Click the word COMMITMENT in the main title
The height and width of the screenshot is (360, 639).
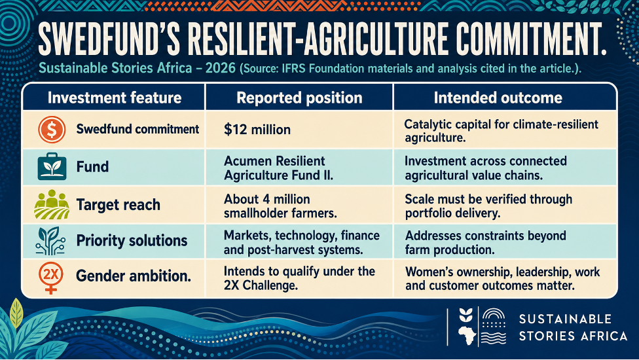click(531, 39)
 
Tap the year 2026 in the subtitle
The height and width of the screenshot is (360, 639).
click(221, 67)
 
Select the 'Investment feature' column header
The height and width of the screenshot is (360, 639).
click(115, 98)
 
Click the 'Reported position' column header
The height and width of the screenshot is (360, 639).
click(300, 98)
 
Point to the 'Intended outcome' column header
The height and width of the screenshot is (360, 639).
click(498, 98)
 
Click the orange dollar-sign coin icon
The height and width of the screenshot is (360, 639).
click(52, 130)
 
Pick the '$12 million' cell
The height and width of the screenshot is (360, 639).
click(257, 130)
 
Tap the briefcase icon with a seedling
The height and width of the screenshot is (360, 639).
click(52, 166)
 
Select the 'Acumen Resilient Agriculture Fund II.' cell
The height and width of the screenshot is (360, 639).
click(278, 168)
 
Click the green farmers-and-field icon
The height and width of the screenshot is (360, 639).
click(52, 204)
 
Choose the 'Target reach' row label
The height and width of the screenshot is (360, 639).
click(119, 204)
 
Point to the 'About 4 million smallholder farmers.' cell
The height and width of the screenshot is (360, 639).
click(280, 206)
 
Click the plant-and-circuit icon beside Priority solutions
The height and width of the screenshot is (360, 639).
click(50, 241)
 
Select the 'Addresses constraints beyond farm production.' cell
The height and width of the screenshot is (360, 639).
click(485, 242)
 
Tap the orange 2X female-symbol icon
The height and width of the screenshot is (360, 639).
click(51, 278)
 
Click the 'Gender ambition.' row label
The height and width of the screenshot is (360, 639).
click(134, 276)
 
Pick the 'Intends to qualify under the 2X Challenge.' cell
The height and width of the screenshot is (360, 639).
click(299, 278)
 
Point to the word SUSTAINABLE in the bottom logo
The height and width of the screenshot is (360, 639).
click(565, 319)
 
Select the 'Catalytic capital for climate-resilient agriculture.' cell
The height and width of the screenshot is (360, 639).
click(502, 131)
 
